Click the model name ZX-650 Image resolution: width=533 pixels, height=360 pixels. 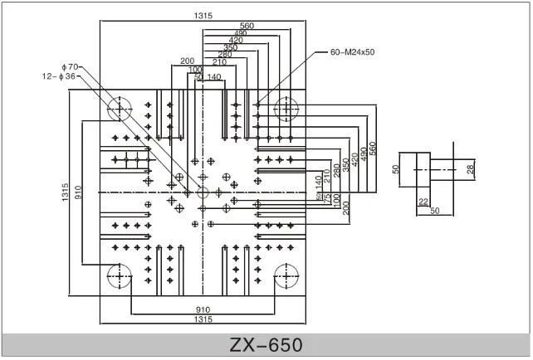[x=266, y=344]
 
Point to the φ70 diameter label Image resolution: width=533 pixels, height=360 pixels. [x=69, y=66]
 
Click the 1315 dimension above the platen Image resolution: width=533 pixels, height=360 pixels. [x=203, y=14]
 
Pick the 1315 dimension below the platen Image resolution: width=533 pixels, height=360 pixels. [x=203, y=319]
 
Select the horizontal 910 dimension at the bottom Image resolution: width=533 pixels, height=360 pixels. [x=203, y=309]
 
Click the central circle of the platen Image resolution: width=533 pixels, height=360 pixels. [x=203, y=192]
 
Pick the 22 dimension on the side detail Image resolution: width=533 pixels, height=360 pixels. [x=423, y=202]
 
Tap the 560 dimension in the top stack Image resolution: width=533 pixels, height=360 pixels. [x=247, y=26]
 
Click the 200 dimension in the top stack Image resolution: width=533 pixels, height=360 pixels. [x=187, y=61]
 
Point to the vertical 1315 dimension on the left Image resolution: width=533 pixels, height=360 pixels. [x=66, y=192]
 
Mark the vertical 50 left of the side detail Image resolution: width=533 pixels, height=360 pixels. [x=396, y=169]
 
